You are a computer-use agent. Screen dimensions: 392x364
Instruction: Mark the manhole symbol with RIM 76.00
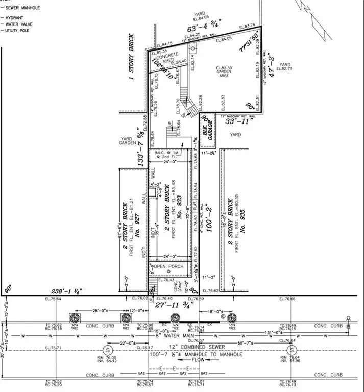click(x=108, y=350)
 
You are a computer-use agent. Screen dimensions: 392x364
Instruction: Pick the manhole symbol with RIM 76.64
click(x=292, y=350)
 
